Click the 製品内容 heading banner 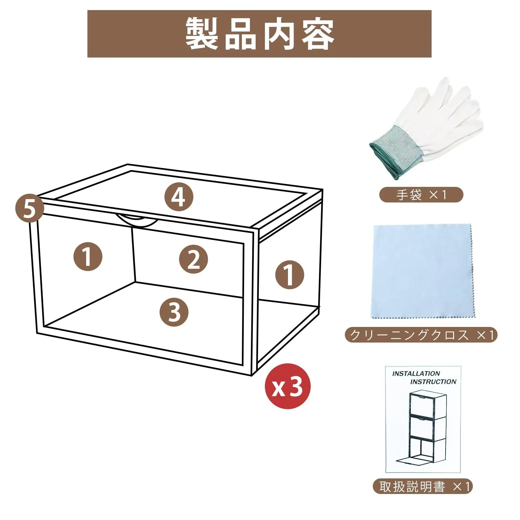point(259,34)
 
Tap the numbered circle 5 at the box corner point(30,208)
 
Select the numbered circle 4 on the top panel point(178,197)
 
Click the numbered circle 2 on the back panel point(194,259)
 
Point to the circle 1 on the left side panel point(88,257)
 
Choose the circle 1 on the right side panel point(290,275)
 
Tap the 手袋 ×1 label point(421,195)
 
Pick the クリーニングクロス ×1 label point(421,335)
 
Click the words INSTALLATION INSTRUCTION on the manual point(424,377)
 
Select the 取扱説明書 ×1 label point(422,487)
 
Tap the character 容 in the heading point(318,34)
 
